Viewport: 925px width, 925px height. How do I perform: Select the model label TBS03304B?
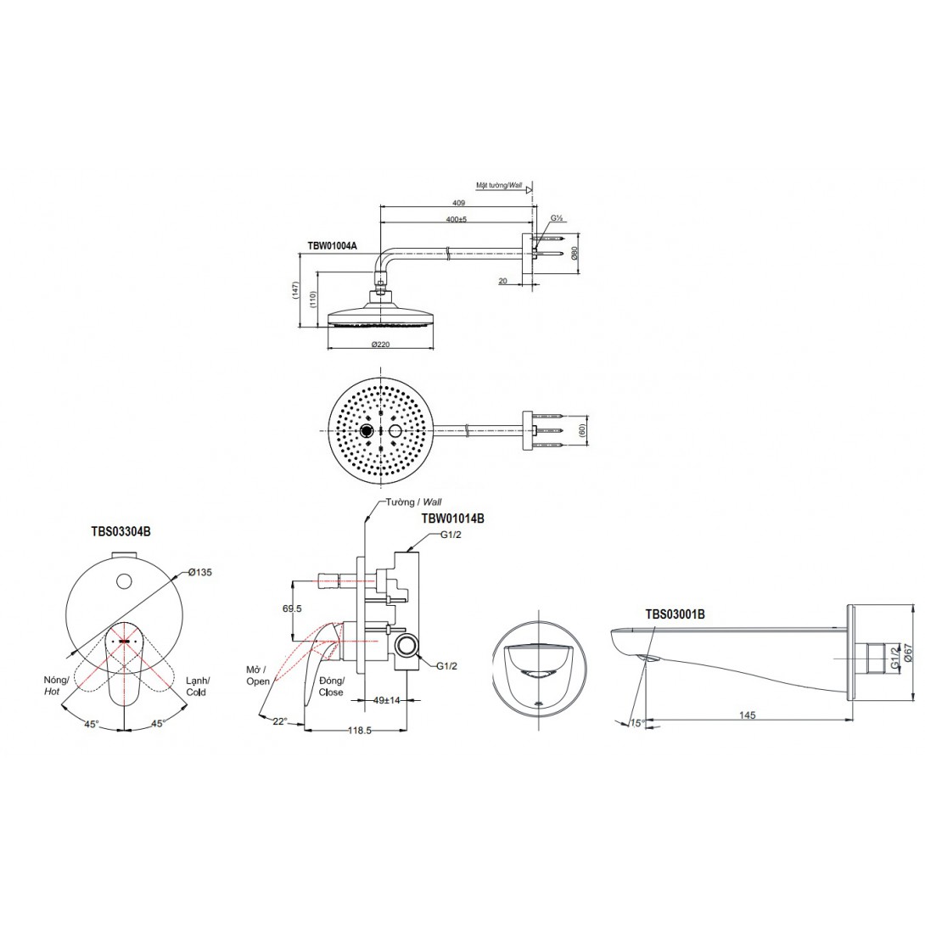pos(121,531)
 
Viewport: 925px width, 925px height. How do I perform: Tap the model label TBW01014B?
pos(452,519)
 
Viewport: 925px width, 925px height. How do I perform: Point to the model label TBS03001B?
pos(675,614)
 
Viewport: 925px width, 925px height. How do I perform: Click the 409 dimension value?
pos(458,203)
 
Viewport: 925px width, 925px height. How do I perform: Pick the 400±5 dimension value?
pos(456,220)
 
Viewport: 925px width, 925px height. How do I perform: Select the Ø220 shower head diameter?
pos(380,345)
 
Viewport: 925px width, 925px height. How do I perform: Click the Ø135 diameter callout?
pos(200,572)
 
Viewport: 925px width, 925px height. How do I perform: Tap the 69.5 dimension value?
pos(292,608)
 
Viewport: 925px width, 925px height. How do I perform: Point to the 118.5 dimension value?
pos(359,731)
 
